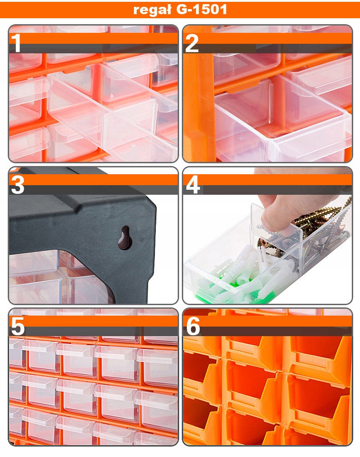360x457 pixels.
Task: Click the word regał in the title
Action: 152,10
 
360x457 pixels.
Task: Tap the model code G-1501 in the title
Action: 201,10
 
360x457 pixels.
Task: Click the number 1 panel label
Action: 16,43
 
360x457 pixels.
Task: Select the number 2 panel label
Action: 191,43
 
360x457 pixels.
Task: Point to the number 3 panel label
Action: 17,185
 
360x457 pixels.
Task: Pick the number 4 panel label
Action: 193,185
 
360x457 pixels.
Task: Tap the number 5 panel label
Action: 17,327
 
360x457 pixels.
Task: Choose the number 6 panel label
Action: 193,327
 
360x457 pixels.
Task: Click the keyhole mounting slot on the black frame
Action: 125,238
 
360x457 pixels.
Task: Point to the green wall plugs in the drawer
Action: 233,293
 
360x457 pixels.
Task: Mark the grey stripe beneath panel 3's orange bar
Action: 93,190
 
